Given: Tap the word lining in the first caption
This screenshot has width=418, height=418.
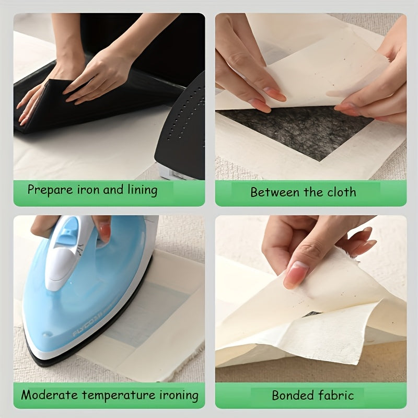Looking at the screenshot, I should tap(141, 190).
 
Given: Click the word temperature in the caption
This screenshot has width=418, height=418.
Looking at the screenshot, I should tap(120, 396).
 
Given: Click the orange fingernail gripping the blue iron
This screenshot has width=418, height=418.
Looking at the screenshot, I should tap(104, 230).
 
